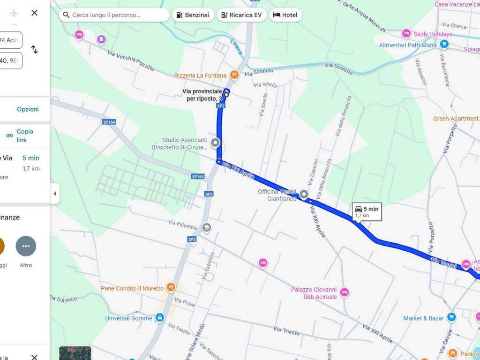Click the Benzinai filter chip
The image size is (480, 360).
pos(193,15)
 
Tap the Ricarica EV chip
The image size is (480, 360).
pos(241,15)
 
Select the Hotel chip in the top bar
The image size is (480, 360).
pos(285,15)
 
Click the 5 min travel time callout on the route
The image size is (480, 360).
pos(367,212)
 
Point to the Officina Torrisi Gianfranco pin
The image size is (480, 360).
pos(304,194)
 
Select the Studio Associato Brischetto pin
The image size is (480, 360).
pos(215,143)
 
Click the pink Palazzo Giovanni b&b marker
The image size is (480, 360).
pos(345,292)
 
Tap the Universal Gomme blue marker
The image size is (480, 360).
pos(160,318)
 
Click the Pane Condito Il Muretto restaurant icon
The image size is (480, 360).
pos(171,288)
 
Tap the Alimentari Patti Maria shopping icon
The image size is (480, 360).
pos(444,45)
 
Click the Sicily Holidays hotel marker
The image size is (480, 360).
pos(406,34)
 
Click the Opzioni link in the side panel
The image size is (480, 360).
pos(28,109)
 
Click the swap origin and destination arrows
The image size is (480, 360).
pos(34,49)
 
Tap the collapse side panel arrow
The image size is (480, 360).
pos(55,194)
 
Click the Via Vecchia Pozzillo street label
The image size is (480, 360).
pos(131,60)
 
